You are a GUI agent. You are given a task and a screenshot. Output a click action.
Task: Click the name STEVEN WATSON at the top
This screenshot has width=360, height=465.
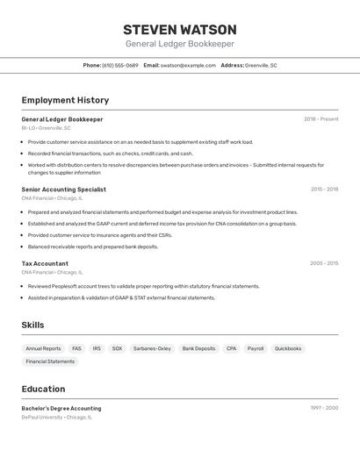(x=180, y=29)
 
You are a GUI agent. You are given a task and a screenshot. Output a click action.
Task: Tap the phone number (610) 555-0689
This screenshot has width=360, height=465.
(x=120, y=65)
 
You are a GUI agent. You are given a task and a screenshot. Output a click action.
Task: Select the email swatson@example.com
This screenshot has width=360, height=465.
(x=188, y=65)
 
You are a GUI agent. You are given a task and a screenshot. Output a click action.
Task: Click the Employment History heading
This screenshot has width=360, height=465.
(x=65, y=100)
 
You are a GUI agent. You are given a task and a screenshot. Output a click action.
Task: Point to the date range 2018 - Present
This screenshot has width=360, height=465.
(x=321, y=119)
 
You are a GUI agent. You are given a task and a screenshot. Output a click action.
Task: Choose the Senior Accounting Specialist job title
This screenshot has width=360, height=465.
(x=63, y=190)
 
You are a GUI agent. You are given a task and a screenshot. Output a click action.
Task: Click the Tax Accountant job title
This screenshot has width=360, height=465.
(x=45, y=263)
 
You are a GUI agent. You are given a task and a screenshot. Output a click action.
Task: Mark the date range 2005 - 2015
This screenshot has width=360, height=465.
(x=324, y=263)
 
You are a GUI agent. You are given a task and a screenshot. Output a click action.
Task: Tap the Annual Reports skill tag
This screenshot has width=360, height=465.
(x=43, y=348)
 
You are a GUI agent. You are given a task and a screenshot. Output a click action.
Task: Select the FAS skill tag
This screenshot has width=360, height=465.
(x=77, y=348)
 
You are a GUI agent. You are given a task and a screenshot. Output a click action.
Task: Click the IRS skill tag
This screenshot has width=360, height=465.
(x=97, y=348)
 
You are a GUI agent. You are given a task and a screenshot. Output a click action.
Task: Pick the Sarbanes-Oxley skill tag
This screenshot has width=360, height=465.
(x=152, y=348)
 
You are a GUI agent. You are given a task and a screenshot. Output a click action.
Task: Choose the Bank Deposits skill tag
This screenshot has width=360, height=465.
(x=198, y=348)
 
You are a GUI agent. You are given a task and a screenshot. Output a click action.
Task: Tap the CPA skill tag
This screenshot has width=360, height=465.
(x=231, y=348)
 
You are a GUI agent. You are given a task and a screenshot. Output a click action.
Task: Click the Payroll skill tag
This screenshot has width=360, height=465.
(x=256, y=348)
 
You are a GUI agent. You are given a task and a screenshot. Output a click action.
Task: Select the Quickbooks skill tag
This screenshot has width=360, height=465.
(x=288, y=348)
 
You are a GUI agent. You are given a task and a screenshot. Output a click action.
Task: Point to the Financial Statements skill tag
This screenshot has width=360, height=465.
(x=50, y=361)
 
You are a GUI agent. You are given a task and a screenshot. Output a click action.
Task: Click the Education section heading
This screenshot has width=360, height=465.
(x=43, y=389)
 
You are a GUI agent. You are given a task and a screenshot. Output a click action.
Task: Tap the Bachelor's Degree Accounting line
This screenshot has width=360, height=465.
(x=61, y=408)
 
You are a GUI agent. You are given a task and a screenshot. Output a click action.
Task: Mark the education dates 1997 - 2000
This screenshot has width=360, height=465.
(x=324, y=408)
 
